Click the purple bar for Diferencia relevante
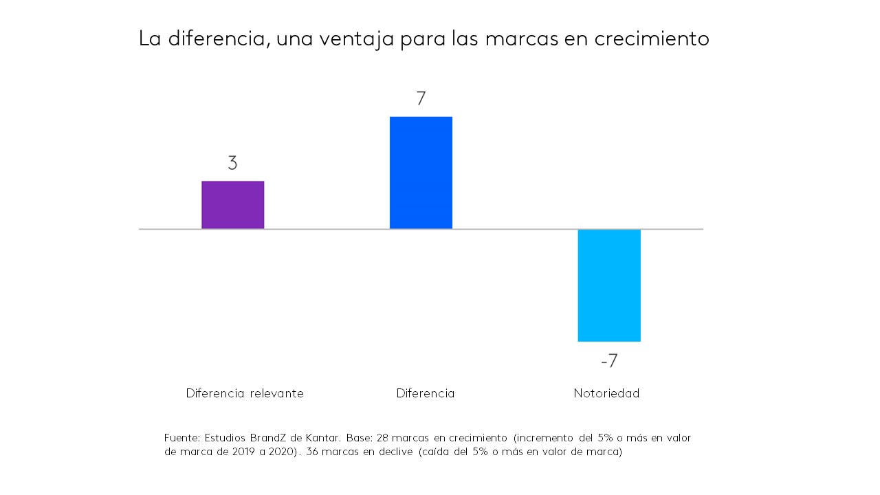(x=232, y=205)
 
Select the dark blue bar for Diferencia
(x=421, y=173)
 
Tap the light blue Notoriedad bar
(x=609, y=285)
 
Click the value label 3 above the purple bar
(x=232, y=164)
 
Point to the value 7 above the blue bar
(x=421, y=99)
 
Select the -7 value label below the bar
(x=609, y=361)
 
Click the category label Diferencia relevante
(x=245, y=393)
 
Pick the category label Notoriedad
(x=606, y=393)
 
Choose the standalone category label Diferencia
(x=426, y=393)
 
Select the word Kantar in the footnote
(x=322, y=438)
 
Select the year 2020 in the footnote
(x=283, y=452)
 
